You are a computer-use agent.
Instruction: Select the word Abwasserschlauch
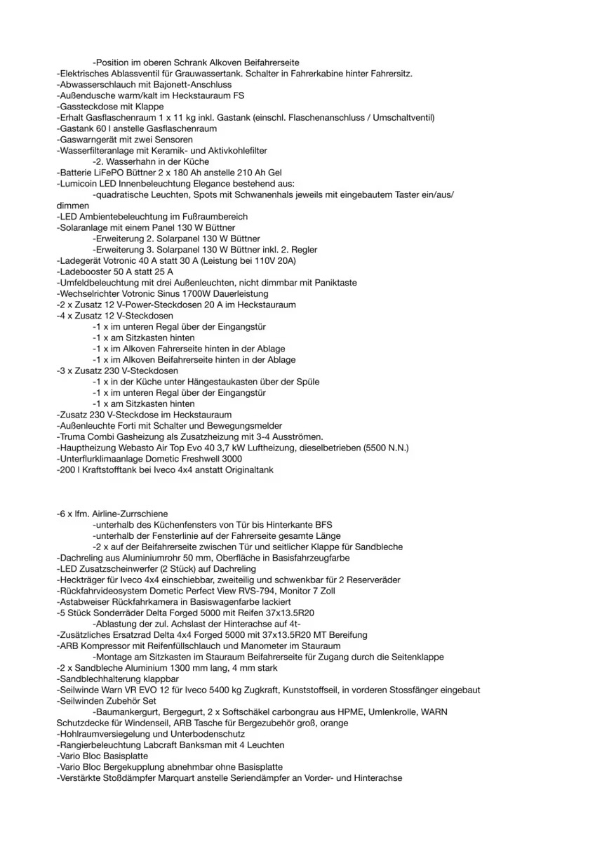pos(93,85)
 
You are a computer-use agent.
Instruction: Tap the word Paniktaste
pos(333,283)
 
